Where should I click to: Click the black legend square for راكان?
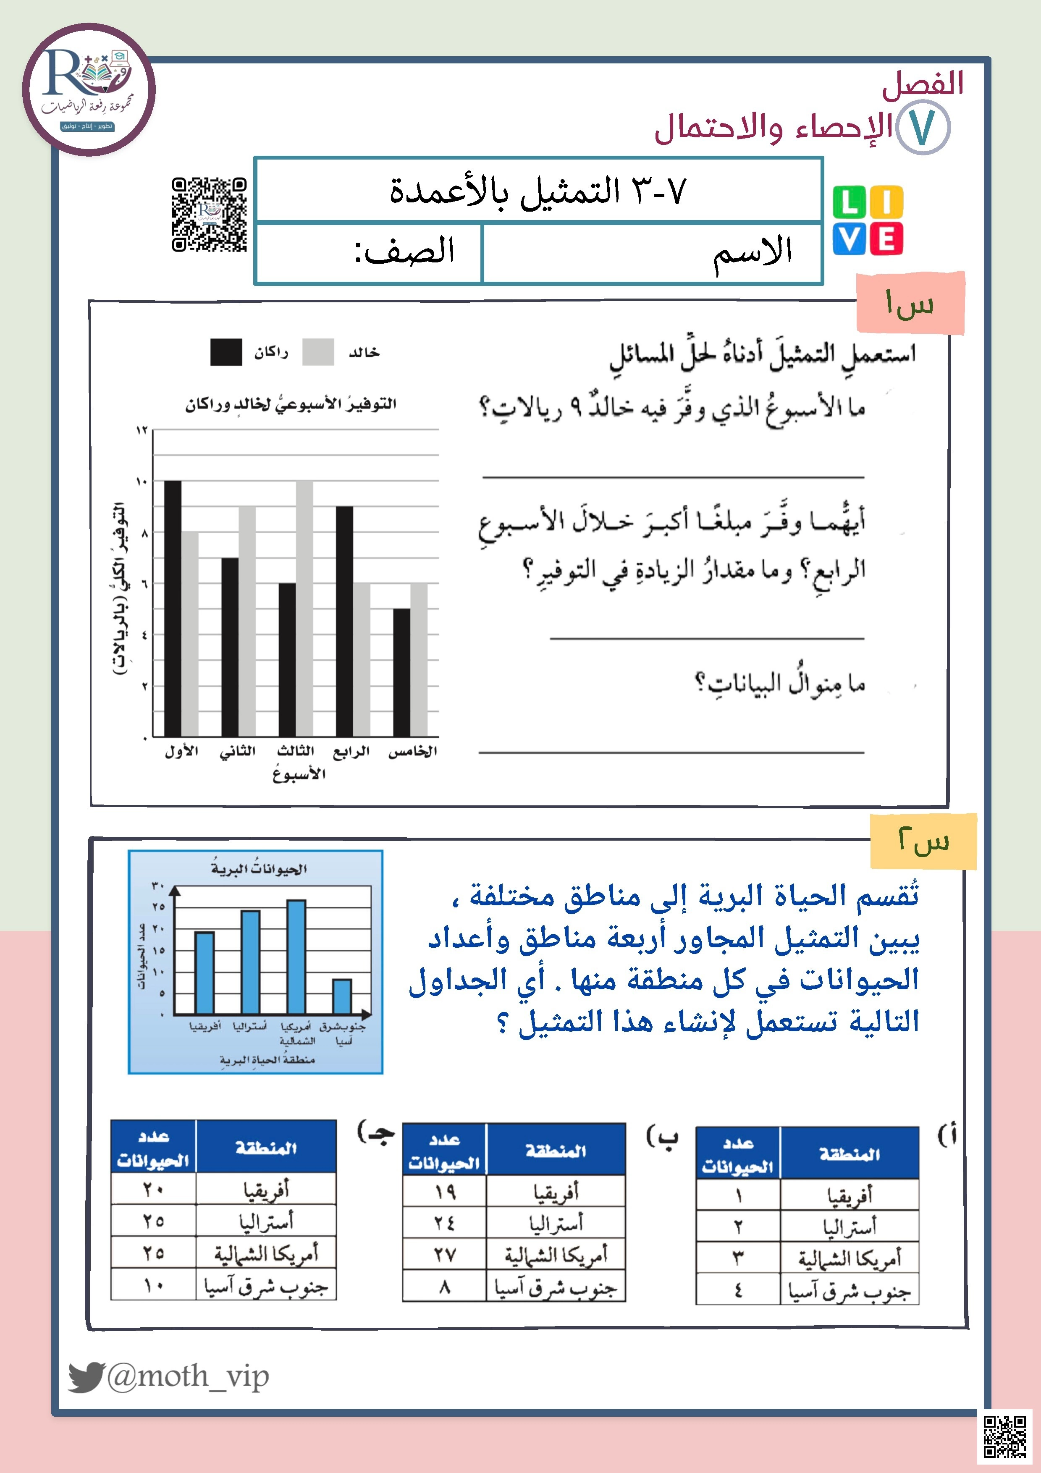coord(226,352)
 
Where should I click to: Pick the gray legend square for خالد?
coord(318,352)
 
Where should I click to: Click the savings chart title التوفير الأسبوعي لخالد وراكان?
coord(291,404)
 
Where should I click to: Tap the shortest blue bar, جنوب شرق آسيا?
coord(342,996)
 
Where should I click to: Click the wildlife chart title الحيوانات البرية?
coord(259,869)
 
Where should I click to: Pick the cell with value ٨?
coord(445,1286)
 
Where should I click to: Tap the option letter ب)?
coord(662,1138)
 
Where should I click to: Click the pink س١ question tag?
coord(910,303)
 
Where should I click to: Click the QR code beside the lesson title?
coord(209,214)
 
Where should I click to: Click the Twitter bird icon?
coord(86,1376)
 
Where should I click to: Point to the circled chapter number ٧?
coord(923,128)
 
